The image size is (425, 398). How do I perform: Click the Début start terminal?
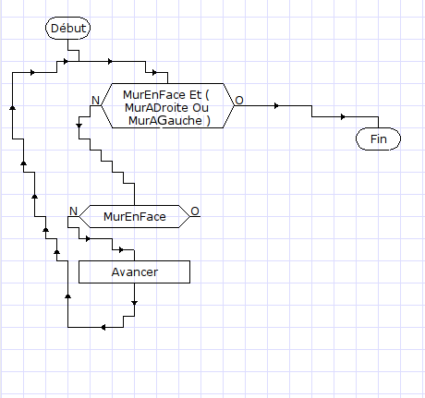[68, 28]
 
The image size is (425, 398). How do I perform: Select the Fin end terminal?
[378, 139]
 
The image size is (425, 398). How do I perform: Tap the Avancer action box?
[134, 271]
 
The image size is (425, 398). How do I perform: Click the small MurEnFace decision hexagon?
[134, 216]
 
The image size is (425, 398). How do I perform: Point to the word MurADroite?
[156, 107]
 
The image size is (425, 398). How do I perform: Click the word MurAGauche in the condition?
[165, 120]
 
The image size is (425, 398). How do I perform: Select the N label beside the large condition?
[96, 101]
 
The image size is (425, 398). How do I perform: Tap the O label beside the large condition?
[239, 101]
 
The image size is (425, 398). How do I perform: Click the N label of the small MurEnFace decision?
[73, 211]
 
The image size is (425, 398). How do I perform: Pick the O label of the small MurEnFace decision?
[195, 211]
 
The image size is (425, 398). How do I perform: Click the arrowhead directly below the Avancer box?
[134, 303]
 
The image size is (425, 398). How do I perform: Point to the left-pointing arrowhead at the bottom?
[103, 327]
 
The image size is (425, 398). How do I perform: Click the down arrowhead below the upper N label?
[79, 126]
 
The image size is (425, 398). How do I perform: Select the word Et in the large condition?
[195, 94]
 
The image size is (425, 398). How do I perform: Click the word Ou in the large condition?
[200, 107]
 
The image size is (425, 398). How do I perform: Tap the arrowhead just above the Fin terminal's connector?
[343, 117]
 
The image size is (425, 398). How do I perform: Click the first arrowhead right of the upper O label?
[276, 106]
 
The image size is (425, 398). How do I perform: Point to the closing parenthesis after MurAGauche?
[209, 121]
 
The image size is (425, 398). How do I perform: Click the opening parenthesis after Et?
[207, 95]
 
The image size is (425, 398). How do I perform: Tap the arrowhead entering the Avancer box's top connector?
[121, 249]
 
